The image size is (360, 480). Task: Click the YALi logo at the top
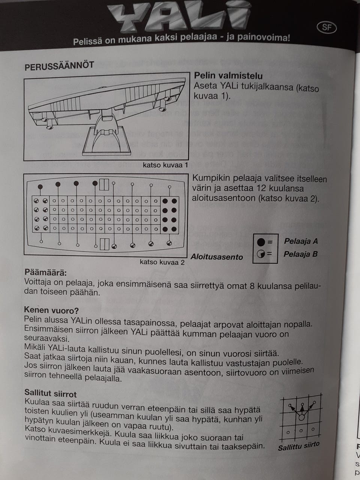pyautogui.click(x=179, y=17)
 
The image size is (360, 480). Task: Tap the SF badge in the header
pyautogui.click(x=327, y=27)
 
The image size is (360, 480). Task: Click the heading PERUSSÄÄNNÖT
pyautogui.click(x=59, y=66)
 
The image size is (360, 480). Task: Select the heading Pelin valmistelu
pyautogui.click(x=228, y=76)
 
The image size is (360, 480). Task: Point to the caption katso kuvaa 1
pyautogui.click(x=165, y=165)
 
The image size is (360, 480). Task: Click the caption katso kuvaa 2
pyautogui.click(x=162, y=262)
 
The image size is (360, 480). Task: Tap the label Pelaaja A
pyautogui.click(x=301, y=241)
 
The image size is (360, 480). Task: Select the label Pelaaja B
pyautogui.click(x=300, y=254)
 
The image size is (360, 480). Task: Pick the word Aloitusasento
pyautogui.click(x=217, y=257)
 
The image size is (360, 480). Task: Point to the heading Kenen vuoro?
pyautogui.click(x=51, y=310)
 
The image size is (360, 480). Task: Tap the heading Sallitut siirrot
pyautogui.click(x=50, y=394)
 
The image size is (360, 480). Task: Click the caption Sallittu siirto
pyautogui.click(x=298, y=446)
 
